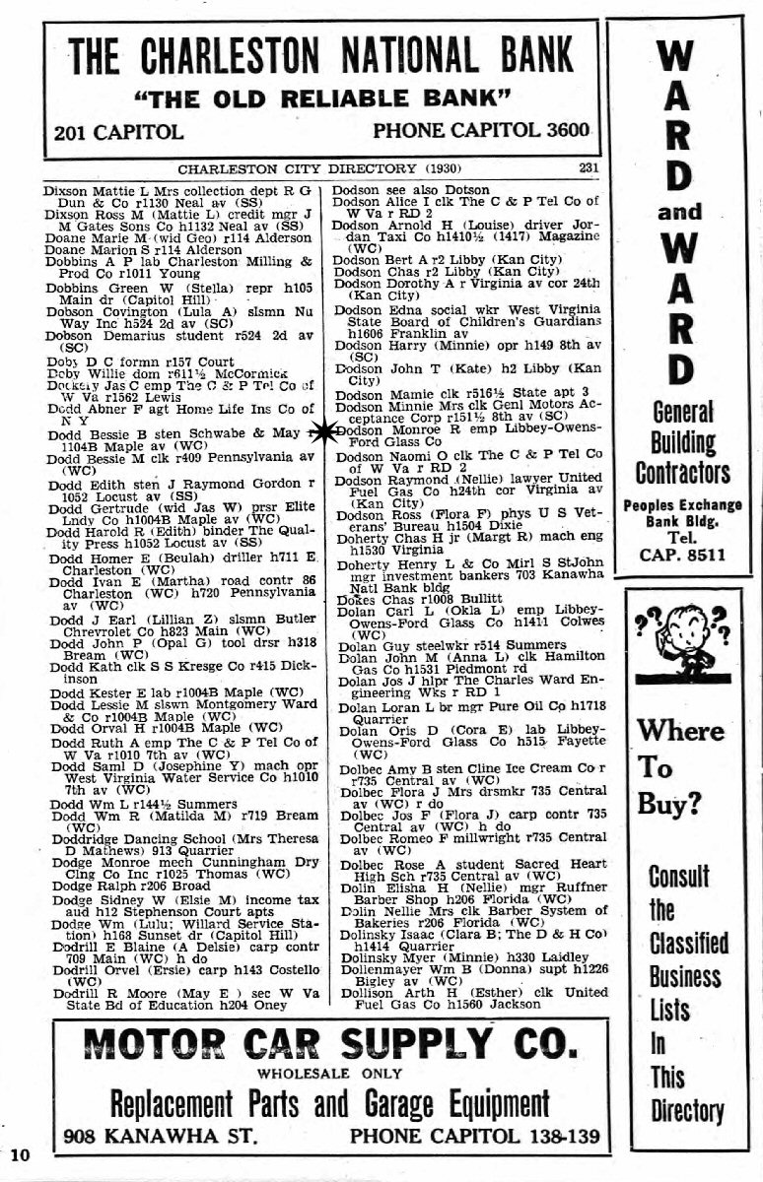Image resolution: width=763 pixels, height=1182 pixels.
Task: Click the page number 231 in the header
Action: pos(589,168)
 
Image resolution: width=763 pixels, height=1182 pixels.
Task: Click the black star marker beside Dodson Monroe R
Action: pos(321,432)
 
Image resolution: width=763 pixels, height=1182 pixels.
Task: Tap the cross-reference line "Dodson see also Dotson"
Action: pos(410,190)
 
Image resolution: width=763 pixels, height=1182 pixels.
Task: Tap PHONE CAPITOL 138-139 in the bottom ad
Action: pos(474,1137)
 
